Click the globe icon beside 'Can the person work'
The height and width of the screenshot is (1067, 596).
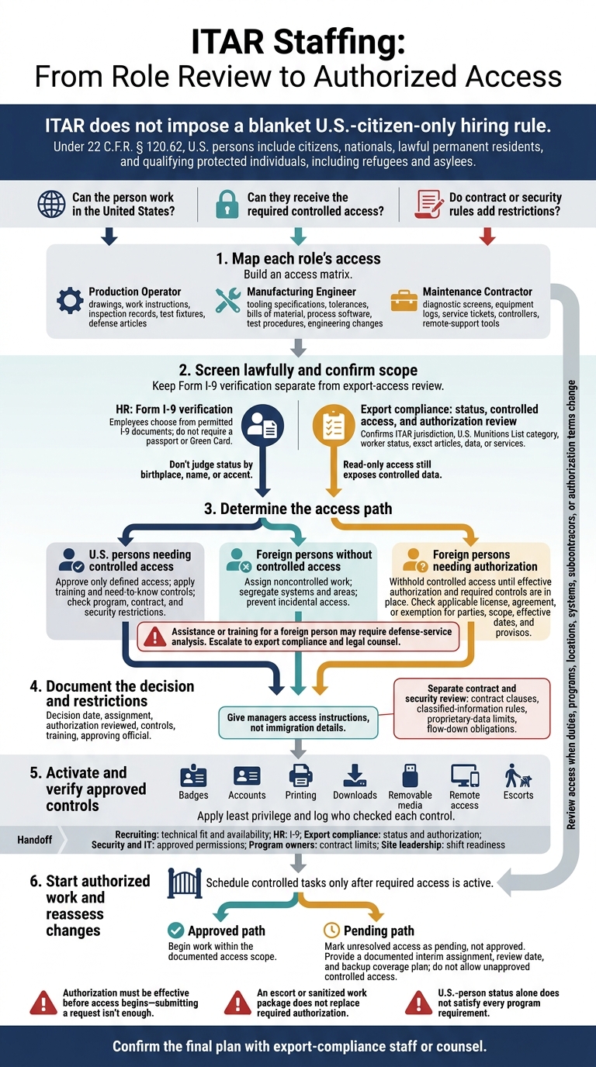coord(51,204)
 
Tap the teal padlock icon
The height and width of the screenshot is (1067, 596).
coord(227,205)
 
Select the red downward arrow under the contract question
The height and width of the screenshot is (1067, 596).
coord(487,237)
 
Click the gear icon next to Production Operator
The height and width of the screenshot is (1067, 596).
coord(70,300)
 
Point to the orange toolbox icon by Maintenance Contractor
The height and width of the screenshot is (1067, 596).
coord(404,300)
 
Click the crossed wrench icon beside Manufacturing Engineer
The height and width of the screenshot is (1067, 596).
coord(228,300)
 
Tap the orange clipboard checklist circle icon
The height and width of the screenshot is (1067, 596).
coord(334,426)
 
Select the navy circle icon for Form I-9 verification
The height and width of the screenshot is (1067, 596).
coord(263,426)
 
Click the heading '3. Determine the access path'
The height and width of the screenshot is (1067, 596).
coord(298,509)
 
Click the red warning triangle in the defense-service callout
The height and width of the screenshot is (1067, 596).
coord(155,637)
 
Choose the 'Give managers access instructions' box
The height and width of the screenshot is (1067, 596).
coord(298,723)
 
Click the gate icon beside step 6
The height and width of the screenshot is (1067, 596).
coord(185,883)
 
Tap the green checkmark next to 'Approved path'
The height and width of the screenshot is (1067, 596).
coord(176,930)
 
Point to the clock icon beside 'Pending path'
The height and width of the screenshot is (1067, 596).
coord(331,930)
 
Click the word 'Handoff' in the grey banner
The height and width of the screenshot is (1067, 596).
coord(34,839)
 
